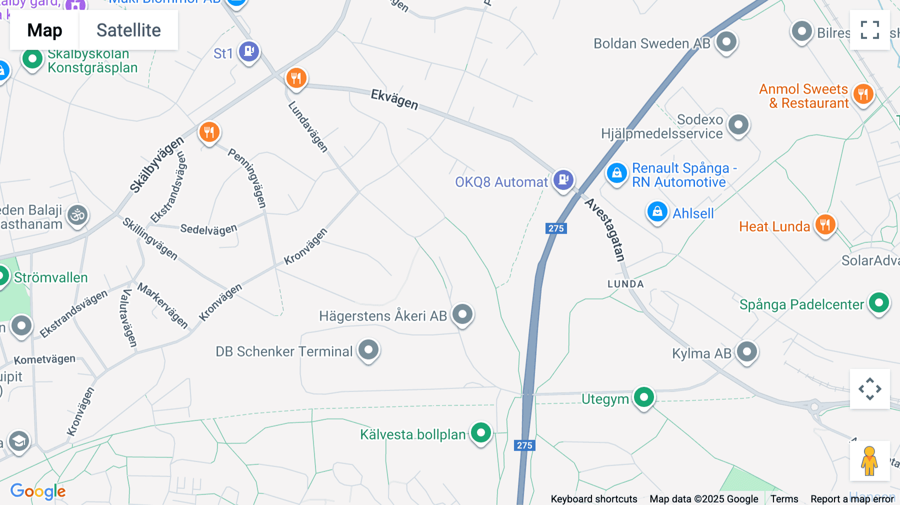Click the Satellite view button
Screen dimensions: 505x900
128,30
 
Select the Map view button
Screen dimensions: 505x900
44,30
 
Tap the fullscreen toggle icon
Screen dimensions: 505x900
869,30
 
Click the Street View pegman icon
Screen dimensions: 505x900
869,460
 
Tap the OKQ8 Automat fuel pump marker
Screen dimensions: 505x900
563,179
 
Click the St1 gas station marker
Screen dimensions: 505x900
248,51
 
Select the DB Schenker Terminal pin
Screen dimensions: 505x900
368,349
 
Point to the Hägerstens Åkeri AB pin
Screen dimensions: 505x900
462,314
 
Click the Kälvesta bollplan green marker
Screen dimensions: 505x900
481,432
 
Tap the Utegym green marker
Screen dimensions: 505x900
644,397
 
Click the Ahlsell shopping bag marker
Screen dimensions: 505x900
657,211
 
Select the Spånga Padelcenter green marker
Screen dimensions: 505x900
879,302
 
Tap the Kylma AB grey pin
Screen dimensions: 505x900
747,351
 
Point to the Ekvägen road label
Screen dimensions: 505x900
394,99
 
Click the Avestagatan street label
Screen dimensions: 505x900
605,229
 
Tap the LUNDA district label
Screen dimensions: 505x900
625,284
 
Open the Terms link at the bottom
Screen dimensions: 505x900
784,498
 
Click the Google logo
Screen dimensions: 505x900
38,491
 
